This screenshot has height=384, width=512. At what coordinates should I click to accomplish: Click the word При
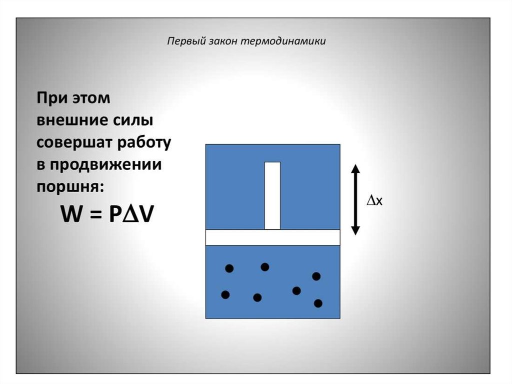pyautogui.click(x=50, y=98)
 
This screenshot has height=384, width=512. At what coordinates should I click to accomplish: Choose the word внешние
pyautogui.click(x=71, y=121)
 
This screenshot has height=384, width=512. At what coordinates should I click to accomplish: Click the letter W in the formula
pyautogui.click(x=71, y=215)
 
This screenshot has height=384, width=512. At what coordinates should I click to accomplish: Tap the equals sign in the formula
pyautogui.click(x=96, y=215)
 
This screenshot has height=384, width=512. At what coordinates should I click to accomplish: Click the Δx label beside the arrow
pyautogui.click(x=375, y=201)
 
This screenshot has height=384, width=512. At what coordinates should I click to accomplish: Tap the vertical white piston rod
pyautogui.click(x=272, y=195)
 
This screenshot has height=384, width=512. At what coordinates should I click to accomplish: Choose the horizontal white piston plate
pyautogui.click(x=272, y=237)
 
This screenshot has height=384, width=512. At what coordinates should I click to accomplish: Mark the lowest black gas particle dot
pyautogui.click(x=318, y=303)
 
